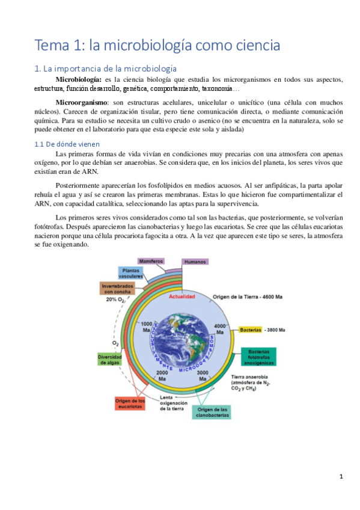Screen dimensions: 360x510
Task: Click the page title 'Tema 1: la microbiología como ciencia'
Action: pyautogui.click(x=157, y=45)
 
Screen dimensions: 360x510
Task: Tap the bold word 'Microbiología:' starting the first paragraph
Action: pyautogui.click(x=79, y=79)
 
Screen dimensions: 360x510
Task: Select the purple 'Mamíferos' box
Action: pyautogui.click(x=151, y=262)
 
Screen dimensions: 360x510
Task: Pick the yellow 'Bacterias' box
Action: pyautogui.click(x=251, y=330)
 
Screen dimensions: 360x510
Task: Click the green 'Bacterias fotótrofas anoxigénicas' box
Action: pyautogui.click(x=259, y=356)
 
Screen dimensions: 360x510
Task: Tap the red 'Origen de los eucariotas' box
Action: pyautogui.click(x=129, y=404)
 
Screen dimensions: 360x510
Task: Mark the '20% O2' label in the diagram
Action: pyautogui.click(x=115, y=300)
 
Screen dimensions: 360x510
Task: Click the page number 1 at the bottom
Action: pyautogui.click(x=341, y=477)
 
